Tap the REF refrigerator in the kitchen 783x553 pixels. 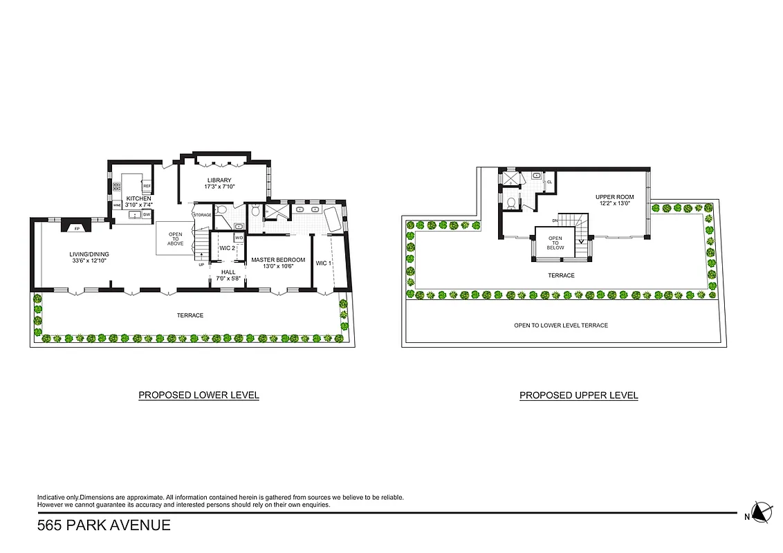click(x=147, y=186)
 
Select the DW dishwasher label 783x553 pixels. click(x=147, y=215)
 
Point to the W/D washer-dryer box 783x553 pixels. click(x=239, y=238)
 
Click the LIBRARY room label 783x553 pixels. click(x=217, y=180)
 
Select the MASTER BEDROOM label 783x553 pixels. click(x=278, y=260)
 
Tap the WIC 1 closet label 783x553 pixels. click(x=323, y=263)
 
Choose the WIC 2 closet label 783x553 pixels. click(x=227, y=247)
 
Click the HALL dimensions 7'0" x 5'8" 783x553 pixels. click(x=228, y=279)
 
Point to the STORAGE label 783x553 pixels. click(x=202, y=215)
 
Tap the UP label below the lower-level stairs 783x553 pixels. click(x=201, y=265)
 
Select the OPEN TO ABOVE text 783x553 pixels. click(x=176, y=238)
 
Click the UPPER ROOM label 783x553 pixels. click(x=614, y=197)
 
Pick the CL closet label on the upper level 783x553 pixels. click(x=549, y=182)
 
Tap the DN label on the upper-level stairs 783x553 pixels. click(x=555, y=221)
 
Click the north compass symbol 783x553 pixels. click(x=762, y=512)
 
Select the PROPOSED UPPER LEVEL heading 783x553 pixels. click(x=578, y=395)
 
